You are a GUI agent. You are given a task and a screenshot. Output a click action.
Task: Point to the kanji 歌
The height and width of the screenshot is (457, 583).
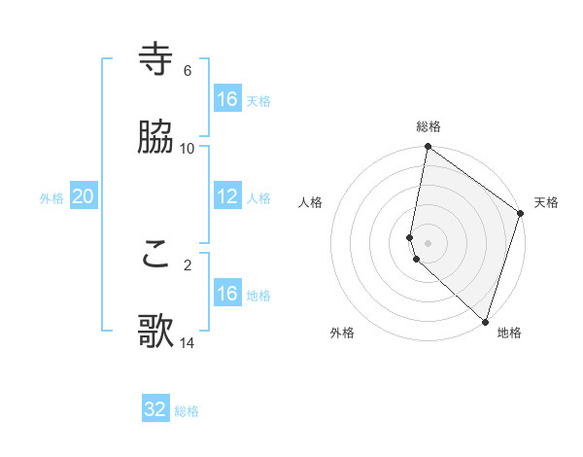[156, 332]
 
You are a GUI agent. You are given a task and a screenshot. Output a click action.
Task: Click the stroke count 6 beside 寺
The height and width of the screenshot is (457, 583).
[188, 71]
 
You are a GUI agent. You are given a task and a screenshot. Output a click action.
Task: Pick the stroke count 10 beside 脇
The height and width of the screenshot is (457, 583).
[188, 148]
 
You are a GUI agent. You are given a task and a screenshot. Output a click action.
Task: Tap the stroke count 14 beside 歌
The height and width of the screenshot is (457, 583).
[188, 342]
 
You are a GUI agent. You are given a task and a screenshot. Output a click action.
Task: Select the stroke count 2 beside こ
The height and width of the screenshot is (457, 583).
[188, 264]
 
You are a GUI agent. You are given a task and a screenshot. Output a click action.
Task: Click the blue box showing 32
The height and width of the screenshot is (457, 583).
[155, 409]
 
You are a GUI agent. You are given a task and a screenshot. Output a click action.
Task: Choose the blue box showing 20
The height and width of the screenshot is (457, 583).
[83, 197]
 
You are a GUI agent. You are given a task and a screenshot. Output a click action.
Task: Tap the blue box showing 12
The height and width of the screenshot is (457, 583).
[227, 196]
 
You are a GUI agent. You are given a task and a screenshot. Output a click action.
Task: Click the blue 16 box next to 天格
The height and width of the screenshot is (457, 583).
[227, 99]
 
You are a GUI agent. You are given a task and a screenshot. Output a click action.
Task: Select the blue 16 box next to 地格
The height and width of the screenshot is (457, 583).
[227, 294]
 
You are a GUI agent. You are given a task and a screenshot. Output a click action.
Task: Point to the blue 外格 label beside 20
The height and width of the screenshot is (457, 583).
[51, 198]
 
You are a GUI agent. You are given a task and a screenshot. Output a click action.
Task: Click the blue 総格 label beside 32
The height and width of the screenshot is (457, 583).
[187, 411]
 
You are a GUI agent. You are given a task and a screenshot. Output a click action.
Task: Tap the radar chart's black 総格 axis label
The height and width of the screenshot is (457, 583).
[429, 126]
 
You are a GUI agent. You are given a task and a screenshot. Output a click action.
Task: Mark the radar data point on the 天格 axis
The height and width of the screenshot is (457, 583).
[521, 214]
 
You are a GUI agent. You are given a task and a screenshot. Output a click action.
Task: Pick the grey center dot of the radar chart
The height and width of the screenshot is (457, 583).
[428, 242]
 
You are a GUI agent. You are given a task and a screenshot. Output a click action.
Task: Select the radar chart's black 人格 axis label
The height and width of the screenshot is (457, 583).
[310, 202]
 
